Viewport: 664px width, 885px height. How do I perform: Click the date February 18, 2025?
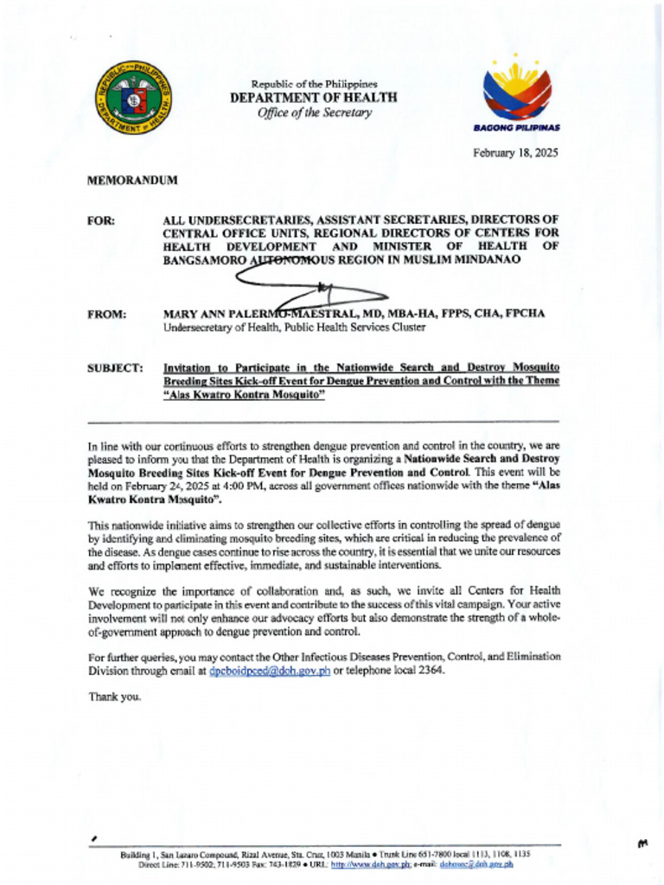(x=514, y=153)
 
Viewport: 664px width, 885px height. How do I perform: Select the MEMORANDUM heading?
(x=132, y=181)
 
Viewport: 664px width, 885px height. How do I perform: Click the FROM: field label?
(x=107, y=314)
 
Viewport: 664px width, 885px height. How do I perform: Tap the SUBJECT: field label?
(x=115, y=369)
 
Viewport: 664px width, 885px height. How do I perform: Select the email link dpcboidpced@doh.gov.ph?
(x=270, y=671)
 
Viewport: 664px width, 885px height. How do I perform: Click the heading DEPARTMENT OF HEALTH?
(x=313, y=99)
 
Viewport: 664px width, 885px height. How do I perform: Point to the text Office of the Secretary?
(x=314, y=113)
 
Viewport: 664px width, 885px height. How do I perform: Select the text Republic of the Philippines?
(x=314, y=84)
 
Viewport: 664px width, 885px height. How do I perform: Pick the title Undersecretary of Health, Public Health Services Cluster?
(x=294, y=328)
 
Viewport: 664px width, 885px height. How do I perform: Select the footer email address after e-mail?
(x=476, y=863)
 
